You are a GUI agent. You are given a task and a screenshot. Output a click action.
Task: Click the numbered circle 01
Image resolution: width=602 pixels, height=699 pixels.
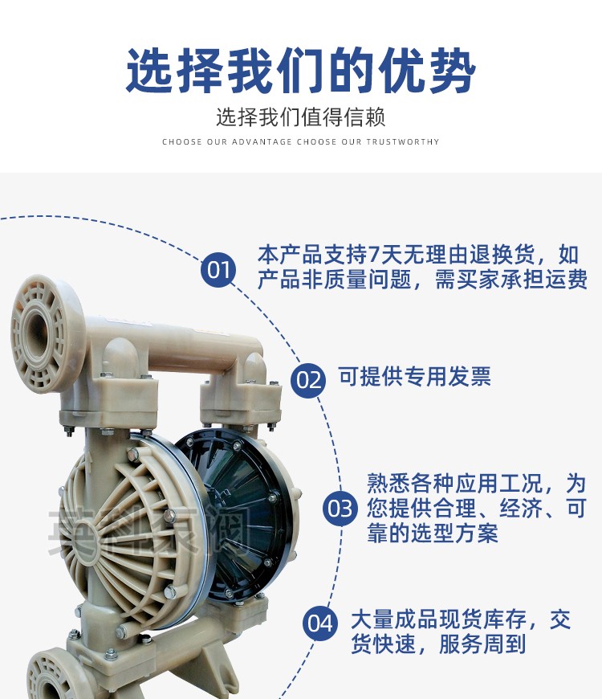click(x=218, y=270)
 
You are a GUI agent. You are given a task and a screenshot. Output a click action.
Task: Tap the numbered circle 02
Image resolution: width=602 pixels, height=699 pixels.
click(x=308, y=380)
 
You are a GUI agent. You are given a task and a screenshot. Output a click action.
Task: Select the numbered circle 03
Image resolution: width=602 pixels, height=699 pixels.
click(x=340, y=509)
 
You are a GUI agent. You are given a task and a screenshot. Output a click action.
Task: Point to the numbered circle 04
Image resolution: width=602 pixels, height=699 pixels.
click(x=320, y=623)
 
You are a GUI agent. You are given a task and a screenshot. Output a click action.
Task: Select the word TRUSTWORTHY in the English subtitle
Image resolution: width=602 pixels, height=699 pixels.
click(x=403, y=142)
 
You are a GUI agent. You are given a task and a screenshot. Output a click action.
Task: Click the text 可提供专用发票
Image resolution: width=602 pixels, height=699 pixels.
click(x=414, y=377)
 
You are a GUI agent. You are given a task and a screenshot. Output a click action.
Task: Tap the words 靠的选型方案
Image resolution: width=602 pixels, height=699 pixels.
click(x=433, y=533)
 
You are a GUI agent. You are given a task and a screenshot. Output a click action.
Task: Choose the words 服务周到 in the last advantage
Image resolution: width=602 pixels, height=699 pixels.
click(x=482, y=644)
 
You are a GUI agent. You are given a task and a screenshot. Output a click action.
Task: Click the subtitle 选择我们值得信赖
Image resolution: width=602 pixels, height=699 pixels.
click(x=301, y=117)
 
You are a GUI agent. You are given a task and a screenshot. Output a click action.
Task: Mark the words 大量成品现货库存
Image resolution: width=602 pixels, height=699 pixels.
click(x=438, y=619)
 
